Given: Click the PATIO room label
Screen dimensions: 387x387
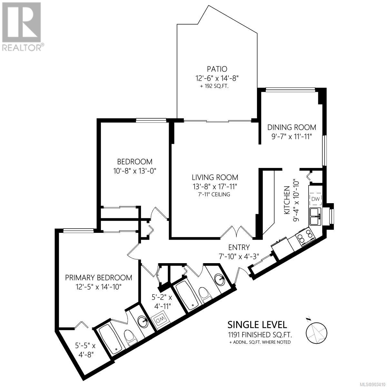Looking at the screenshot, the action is pos(217,69).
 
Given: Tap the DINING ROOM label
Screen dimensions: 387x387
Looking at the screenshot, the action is pos(292,127).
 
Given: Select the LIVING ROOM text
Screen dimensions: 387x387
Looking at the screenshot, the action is pos(215,177).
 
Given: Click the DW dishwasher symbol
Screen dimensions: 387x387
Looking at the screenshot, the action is pos(315,199).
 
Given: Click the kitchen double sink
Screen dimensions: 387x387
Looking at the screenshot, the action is pos(315,216).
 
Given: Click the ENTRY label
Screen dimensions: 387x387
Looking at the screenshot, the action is pos(239,247).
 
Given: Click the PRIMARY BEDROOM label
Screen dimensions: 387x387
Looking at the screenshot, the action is pos(99,278).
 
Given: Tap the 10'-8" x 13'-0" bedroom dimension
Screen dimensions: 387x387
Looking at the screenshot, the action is pos(134,171).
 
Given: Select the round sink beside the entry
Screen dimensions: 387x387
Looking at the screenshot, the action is pos(220,279).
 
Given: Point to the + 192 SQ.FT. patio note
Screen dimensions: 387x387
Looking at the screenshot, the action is pos(214,87).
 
